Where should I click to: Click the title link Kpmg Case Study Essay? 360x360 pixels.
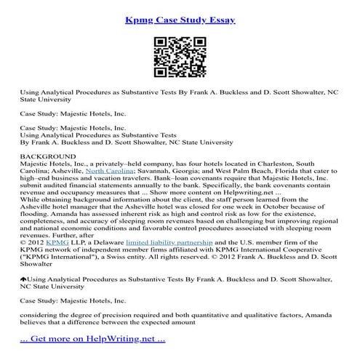(x=180, y=20)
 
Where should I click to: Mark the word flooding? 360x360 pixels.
(x=36, y=215)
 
